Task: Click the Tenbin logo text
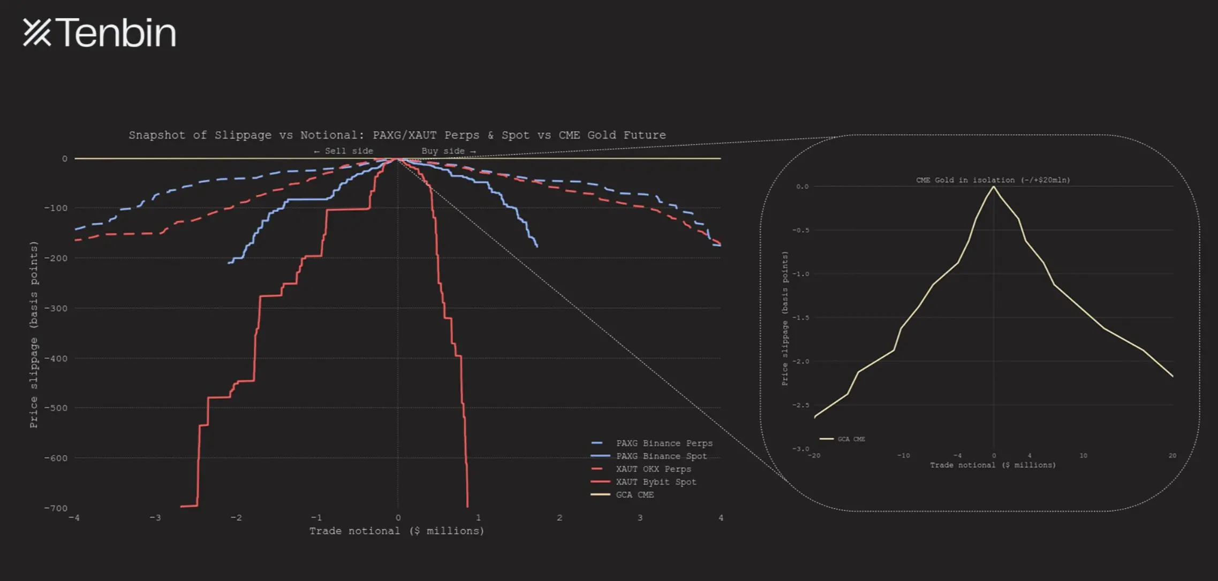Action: (x=115, y=33)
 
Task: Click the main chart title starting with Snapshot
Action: (x=397, y=135)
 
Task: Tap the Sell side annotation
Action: (x=344, y=151)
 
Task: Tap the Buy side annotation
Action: (x=448, y=151)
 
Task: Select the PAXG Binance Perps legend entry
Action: (x=664, y=444)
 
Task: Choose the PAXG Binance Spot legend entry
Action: (x=661, y=456)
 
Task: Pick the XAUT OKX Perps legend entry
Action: (x=653, y=469)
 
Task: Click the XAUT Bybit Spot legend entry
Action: (x=656, y=482)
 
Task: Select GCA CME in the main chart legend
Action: (x=634, y=495)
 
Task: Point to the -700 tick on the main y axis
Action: (x=56, y=508)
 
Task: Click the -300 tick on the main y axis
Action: (x=56, y=308)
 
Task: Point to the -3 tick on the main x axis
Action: (x=155, y=518)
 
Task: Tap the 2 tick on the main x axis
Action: (x=559, y=518)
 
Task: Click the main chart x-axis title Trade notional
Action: (x=397, y=531)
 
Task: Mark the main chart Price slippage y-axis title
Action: (x=34, y=334)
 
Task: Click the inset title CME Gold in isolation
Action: (x=993, y=180)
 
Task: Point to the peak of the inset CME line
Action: (x=994, y=187)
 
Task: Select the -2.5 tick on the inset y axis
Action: (x=801, y=406)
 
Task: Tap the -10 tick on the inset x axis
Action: (x=903, y=456)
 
